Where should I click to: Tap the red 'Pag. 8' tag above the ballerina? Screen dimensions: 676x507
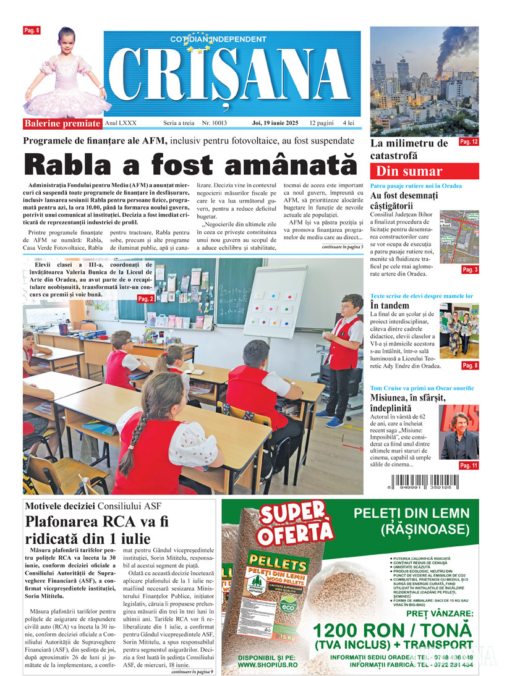pyautogui.click(x=32, y=30)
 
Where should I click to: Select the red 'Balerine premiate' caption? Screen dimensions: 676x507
pyautogui.click(x=62, y=123)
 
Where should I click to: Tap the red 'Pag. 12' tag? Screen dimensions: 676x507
pyautogui.click(x=469, y=142)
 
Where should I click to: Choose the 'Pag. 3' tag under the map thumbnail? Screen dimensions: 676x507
pyautogui.click(x=470, y=270)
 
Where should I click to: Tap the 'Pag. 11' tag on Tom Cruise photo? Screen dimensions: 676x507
pyautogui.click(x=469, y=465)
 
